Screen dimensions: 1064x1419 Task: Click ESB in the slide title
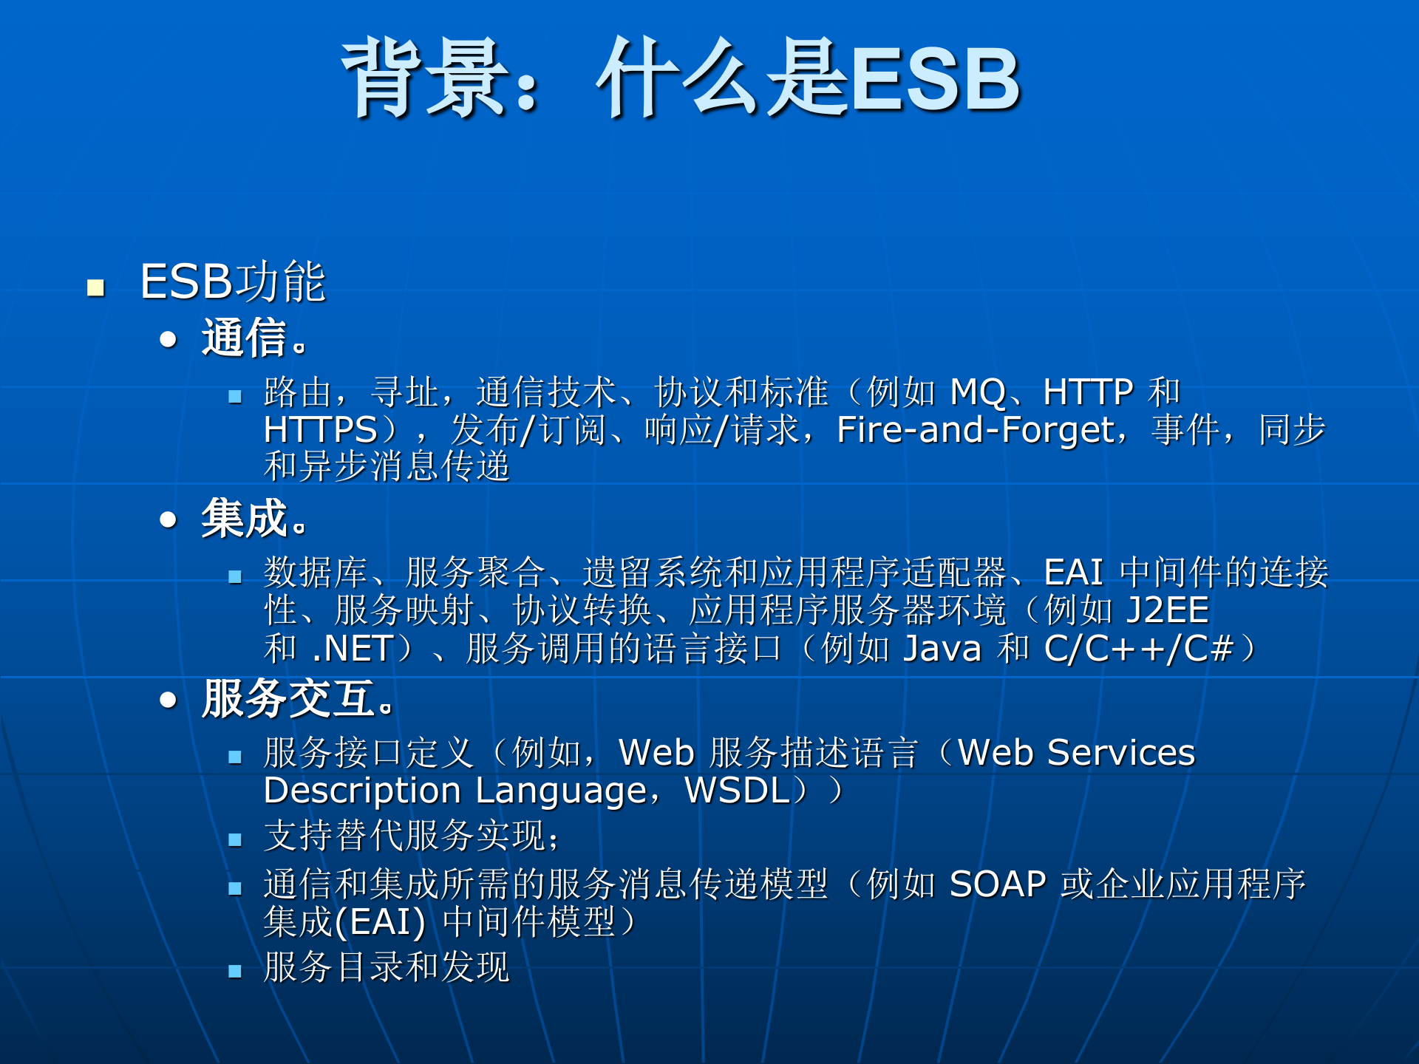click(936, 80)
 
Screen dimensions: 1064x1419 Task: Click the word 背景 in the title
click(426, 78)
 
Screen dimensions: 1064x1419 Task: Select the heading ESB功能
click(233, 282)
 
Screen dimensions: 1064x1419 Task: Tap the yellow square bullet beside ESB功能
click(95, 287)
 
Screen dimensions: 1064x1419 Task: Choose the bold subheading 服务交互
click(288, 698)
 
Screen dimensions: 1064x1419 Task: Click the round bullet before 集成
click(169, 519)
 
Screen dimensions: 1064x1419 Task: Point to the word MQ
click(978, 392)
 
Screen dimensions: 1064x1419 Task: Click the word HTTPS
click(321, 429)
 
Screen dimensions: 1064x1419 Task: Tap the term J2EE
click(1167, 610)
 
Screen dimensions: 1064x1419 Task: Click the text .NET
click(353, 649)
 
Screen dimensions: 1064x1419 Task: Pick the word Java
click(942, 649)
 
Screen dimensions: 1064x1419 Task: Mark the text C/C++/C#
click(1139, 649)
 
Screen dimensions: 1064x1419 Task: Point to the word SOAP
click(998, 884)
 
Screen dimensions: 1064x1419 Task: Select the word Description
click(363, 790)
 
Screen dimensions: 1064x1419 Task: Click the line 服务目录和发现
click(387, 966)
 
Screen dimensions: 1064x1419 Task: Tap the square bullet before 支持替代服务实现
click(235, 840)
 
